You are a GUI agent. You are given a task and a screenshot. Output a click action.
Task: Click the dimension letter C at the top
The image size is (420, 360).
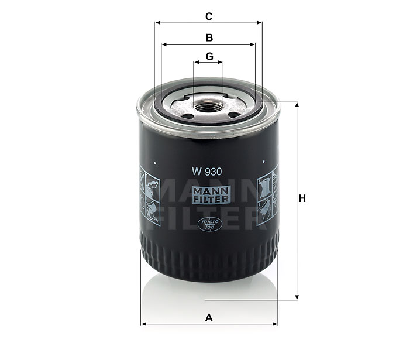pos(209,16)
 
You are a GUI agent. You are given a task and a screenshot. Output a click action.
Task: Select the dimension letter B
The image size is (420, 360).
pos(209,37)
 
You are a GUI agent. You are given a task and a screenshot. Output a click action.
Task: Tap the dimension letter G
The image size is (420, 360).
pos(209,56)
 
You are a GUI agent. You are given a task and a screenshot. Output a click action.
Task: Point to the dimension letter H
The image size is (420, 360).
pos(302,198)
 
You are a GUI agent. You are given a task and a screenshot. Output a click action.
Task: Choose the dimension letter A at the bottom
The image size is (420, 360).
pos(209,318)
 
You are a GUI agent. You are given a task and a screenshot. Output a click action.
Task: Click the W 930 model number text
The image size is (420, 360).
pos(206,172)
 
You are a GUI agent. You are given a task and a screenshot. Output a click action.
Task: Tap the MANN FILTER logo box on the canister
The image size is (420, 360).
pos(211,195)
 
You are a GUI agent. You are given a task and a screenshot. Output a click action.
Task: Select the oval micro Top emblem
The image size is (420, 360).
pos(210,224)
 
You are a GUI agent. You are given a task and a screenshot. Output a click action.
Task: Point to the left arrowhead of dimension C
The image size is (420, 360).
pos(157,23)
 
